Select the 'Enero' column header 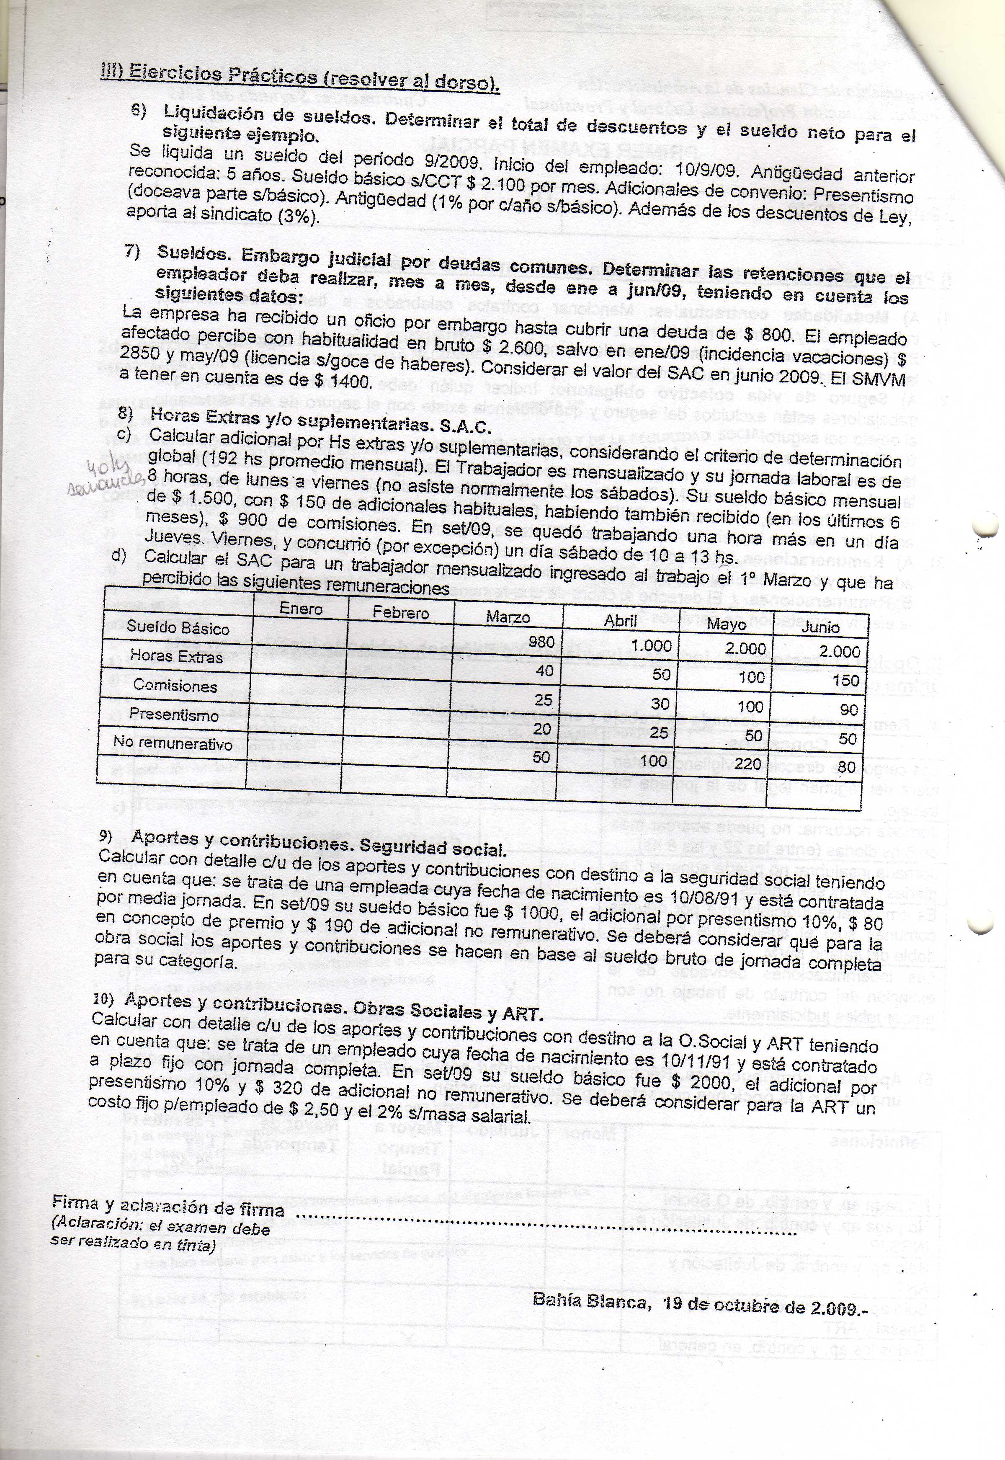[301, 609]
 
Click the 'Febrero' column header [400, 612]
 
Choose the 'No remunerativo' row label [173, 744]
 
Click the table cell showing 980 [541, 642]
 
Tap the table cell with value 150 [845, 680]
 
